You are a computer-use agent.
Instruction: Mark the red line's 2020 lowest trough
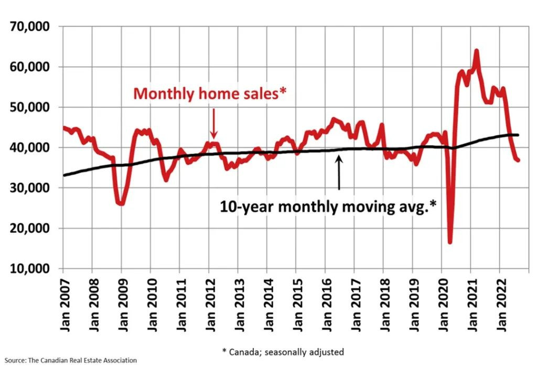pyautogui.click(x=450, y=242)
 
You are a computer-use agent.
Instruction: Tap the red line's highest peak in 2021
pyautogui.click(x=476, y=51)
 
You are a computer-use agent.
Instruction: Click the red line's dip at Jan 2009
pyautogui.click(x=121, y=203)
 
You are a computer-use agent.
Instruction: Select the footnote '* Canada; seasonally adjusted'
pyautogui.click(x=283, y=351)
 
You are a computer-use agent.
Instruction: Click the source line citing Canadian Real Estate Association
pyautogui.click(x=71, y=361)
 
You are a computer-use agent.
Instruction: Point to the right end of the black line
pyautogui.click(x=518, y=135)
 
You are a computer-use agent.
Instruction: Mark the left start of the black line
pyautogui.click(x=64, y=175)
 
